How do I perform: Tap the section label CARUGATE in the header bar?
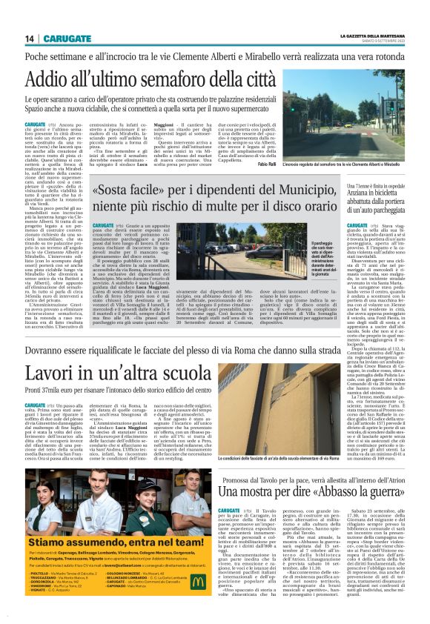[x=67, y=38]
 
